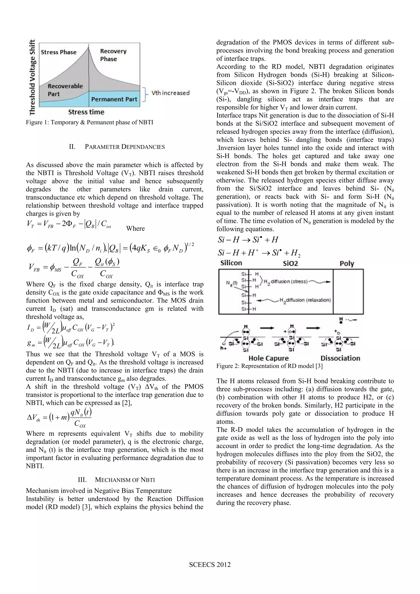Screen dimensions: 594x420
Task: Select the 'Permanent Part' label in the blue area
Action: (114, 99)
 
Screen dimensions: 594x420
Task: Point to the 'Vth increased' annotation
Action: (170, 93)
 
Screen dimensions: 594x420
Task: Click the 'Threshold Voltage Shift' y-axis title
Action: (32, 77)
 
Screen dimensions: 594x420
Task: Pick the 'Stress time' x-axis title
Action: (86, 112)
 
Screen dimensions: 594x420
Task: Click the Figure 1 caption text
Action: (89, 122)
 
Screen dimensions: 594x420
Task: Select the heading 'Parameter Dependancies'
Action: (117, 147)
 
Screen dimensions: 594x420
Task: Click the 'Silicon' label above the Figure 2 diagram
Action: (231, 263)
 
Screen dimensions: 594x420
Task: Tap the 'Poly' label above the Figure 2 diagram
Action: (347, 264)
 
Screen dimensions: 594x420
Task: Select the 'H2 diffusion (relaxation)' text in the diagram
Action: (305, 300)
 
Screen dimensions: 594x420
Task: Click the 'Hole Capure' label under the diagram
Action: (268, 358)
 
